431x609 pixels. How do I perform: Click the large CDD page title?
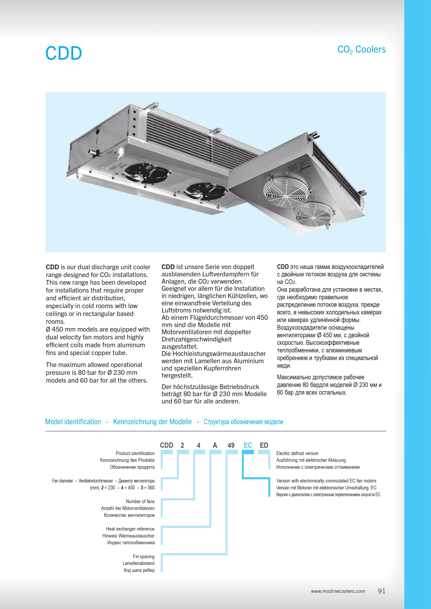pyautogui.click(x=64, y=53)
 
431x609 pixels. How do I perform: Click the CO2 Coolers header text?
pyautogui.click(x=362, y=50)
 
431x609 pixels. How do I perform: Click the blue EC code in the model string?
pyautogui.click(x=248, y=445)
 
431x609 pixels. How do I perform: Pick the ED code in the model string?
pyautogui.click(x=264, y=445)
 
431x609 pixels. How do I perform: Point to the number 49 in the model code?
pyautogui.click(x=231, y=445)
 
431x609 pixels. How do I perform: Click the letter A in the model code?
pyautogui.click(x=215, y=445)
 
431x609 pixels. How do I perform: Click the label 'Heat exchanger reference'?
pyautogui.click(x=130, y=529)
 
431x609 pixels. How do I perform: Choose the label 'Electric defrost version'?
pyautogui.click(x=297, y=453)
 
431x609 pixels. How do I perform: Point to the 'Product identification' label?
pyautogui.click(x=135, y=453)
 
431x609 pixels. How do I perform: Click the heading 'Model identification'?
pyautogui.click(x=73, y=422)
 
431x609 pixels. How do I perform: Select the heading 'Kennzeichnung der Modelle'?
pyautogui.click(x=152, y=422)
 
